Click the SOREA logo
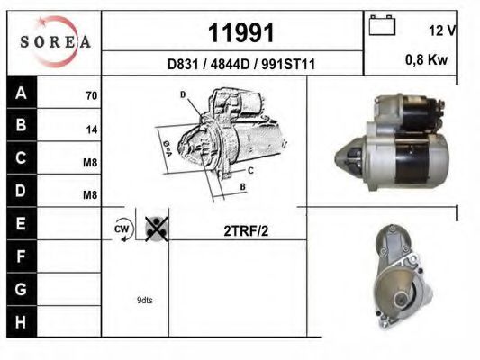[x=55, y=42]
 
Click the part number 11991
[x=241, y=32]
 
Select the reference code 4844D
[x=231, y=64]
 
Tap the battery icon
[x=382, y=25]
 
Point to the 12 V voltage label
[x=442, y=31]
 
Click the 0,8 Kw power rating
[x=427, y=60]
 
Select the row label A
[x=21, y=93]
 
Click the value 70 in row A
[x=91, y=95]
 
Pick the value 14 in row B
[x=91, y=130]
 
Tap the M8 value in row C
[x=90, y=163]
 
